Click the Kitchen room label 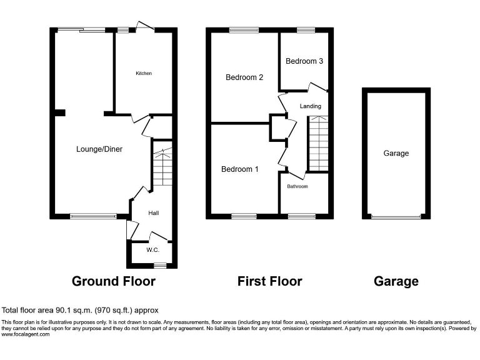click(x=144, y=73)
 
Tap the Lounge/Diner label click(x=99, y=149)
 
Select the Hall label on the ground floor click(x=153, y=213)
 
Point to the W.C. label click(x=153, y=250)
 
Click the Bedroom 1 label click(x=240, y=169)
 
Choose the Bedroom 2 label click(x=244, y=77)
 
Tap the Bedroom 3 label click(x=304, y=61)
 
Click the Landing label click(x=311, y=106)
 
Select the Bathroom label click(x=297, y=186)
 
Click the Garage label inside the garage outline click(x=396, y=153)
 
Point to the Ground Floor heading click(x=114, y=281)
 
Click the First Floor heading click(x=269, y=281)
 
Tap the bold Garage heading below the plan click(x=396, y=281)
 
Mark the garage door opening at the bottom click(x=396, y=217)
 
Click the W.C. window click(x=160, y=266)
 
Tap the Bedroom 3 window click(x=306, y=30)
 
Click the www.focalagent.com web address click(x=26, y=334)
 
